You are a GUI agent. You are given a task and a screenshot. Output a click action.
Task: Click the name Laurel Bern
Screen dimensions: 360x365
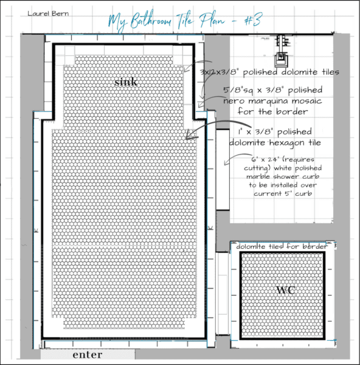point(48,13)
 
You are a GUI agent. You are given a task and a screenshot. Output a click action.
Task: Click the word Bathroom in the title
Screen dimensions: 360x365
point(151,21)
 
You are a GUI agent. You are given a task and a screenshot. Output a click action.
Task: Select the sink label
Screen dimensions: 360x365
point(126,82)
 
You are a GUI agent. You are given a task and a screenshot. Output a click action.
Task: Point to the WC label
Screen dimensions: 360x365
point(286,290)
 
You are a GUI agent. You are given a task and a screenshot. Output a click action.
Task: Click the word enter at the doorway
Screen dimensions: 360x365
point(88,355)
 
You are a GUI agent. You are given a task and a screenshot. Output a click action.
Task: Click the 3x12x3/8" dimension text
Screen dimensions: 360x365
point(220,72)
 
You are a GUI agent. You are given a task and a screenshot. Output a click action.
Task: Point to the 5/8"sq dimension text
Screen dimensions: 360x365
point(238,90)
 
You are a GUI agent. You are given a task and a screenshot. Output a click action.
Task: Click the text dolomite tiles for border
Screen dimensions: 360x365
point(282,246)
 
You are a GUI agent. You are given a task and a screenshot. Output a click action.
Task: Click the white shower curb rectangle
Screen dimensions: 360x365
point(223,170)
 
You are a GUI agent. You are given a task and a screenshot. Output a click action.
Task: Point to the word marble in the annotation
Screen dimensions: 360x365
point(258,176)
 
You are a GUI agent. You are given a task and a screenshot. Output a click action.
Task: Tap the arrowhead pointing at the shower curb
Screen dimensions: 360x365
point(225,163)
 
